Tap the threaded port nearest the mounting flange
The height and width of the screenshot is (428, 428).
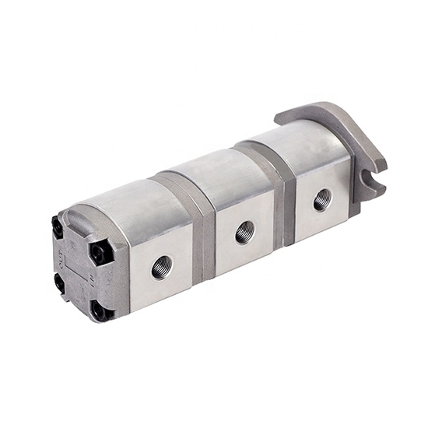(322, 200)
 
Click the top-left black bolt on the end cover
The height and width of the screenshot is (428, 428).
(58, 227)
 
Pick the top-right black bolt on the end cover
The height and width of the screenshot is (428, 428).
(99, 251)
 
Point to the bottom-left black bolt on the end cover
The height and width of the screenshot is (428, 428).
(60, 284)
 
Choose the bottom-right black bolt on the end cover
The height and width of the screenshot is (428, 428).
(99, 311)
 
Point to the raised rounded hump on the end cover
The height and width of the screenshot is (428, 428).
(78, 218)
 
